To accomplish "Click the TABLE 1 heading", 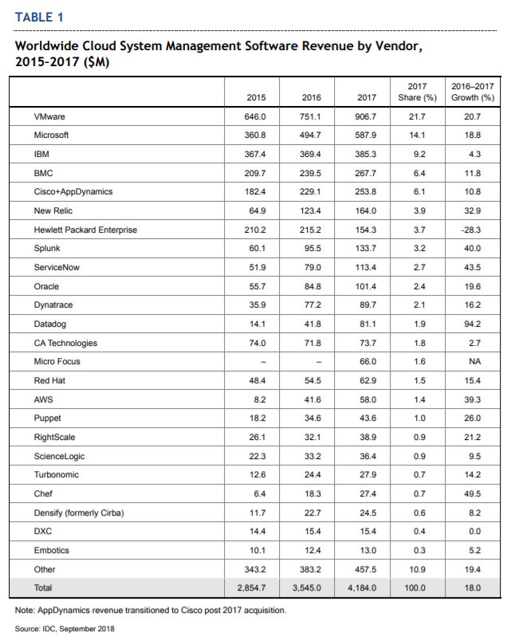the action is (39, 18).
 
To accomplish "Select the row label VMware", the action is (49, 116).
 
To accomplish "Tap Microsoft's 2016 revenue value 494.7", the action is (310, 135).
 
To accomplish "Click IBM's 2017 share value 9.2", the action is (419, 155).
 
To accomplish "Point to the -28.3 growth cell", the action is (471, 230).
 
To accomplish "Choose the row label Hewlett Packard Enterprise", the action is (85, 230).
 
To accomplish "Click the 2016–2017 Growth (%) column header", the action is (473, 92).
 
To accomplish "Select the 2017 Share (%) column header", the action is (417, 92).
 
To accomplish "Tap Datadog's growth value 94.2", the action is (473, 324).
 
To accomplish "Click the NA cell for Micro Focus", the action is (475, 362).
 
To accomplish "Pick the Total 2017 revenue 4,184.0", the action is (362, 587).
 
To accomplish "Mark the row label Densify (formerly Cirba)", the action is (79, 512).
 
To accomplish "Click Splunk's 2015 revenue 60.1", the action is (258, 248).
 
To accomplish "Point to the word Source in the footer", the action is (27, 629).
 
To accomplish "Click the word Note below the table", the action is (25, 611).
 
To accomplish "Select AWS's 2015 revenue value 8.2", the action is (260, 399).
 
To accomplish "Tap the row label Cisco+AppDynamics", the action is (73, 192).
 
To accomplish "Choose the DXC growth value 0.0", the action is (475, 532).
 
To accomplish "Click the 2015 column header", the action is (256, 97).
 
